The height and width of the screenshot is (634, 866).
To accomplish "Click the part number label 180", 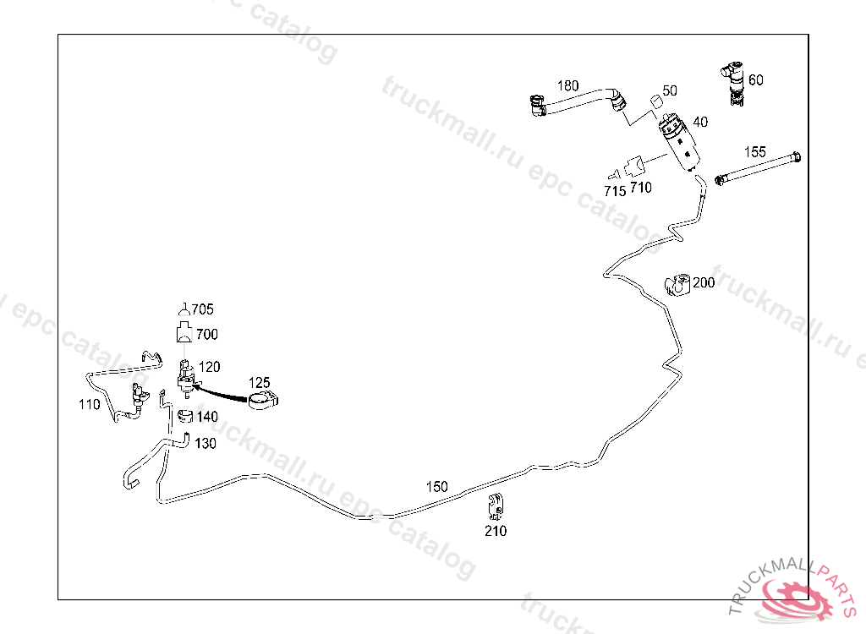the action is click(567, 85).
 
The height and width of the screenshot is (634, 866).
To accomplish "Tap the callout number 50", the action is click(669, 90).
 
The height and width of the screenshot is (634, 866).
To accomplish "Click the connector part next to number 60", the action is click(733, 83).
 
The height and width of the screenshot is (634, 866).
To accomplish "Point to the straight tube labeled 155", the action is click(758, 167).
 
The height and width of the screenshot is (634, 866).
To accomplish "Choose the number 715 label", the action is click(615, 191).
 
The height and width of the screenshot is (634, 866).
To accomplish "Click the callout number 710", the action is click(641, 188).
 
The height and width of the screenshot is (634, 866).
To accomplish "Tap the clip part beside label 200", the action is click(677, 285).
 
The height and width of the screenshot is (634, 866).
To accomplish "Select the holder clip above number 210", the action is click(496, 505).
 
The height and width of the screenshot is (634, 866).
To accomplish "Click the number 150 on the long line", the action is click(436, 487).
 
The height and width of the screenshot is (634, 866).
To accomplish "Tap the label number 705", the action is click(202, 309).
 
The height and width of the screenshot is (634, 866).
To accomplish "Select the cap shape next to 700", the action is click(184, 332).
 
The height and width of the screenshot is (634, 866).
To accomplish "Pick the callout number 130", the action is click(205, 443).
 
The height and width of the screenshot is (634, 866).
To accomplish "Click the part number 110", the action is click(89, 404).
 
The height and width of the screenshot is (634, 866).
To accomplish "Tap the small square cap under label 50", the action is click(654, 102).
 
